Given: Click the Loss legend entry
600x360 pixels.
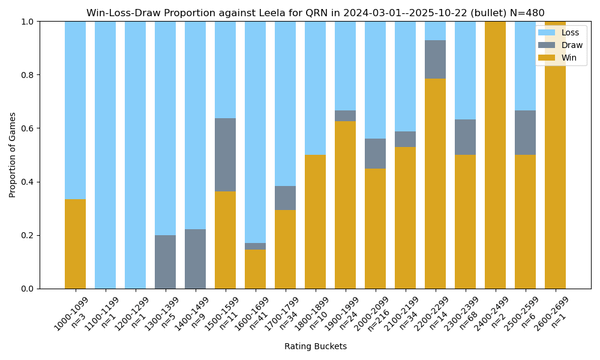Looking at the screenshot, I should coord(560,33).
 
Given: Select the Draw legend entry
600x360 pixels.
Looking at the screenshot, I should coord(560,45).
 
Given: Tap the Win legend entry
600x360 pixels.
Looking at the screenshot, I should coord(560,58).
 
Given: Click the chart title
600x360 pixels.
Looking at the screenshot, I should coord(316,13).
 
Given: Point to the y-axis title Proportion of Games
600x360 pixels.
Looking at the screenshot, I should coord(13,155).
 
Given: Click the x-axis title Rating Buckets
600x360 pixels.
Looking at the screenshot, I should coord(316,346).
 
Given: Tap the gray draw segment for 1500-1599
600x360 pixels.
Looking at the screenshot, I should coord(225,155).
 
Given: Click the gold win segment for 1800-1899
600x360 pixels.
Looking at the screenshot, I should coord(315,221).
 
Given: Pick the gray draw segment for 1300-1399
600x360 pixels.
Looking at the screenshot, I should coord(165,262).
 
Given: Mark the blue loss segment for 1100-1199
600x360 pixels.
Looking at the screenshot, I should coord(105,155).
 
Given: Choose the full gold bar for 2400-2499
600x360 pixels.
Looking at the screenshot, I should coord(495,155).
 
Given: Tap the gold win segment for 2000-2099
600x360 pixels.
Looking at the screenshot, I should coord(375,229).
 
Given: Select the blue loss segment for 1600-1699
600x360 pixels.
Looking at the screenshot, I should coord(255,132).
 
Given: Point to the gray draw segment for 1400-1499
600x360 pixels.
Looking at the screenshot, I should coord(195,259).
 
